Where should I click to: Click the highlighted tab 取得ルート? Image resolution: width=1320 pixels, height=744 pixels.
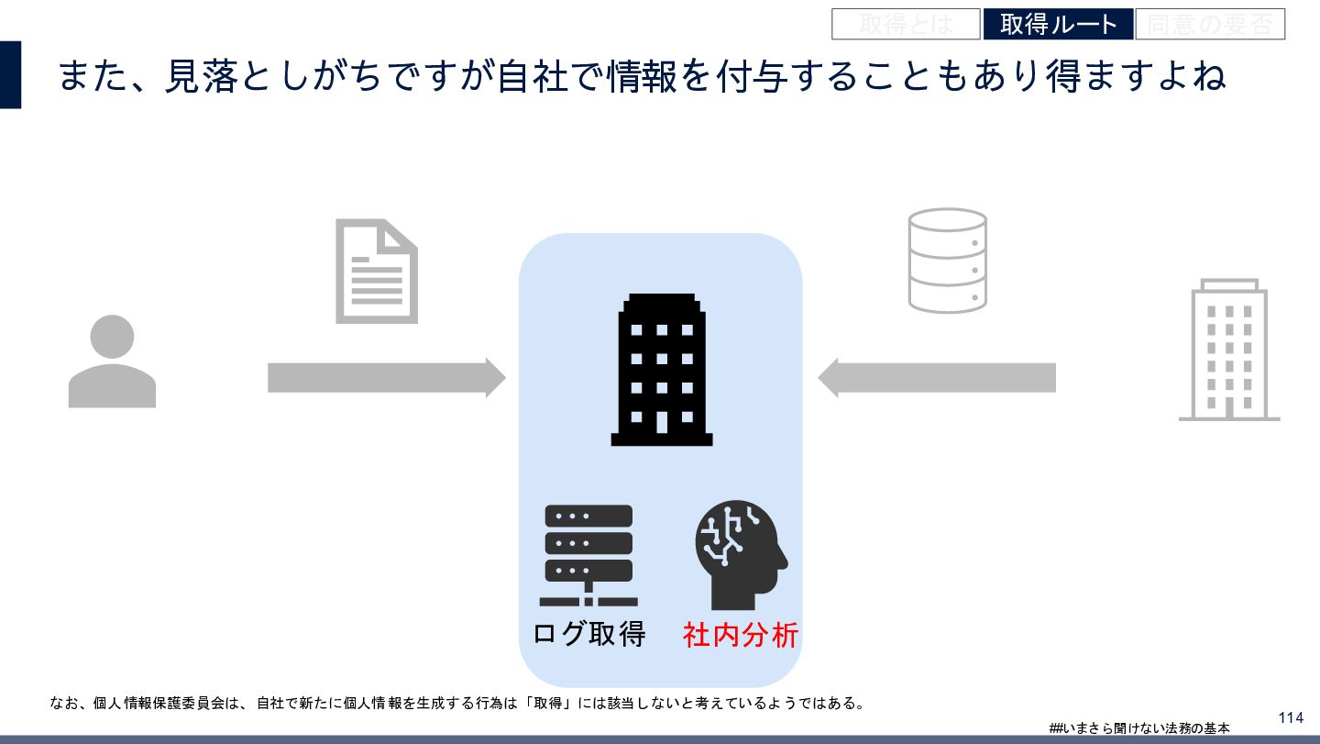click(1058, 24)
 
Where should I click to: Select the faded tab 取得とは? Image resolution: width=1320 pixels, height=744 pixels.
click(906, 24)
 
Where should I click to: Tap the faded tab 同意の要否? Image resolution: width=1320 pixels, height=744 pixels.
click(1210, 24)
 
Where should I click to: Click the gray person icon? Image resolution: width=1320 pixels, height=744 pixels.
click(112, 361)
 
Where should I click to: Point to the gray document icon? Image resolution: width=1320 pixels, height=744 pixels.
click(376, 271)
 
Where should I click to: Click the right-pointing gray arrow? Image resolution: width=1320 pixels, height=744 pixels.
click(386, 377)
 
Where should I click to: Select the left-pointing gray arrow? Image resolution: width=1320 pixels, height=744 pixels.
click(936, 377)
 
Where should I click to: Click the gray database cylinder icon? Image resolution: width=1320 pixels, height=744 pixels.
click(947, 261)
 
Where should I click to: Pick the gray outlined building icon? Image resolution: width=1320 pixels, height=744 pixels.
click(1228, 350)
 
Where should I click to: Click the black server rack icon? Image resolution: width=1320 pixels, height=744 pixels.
click(588, 555)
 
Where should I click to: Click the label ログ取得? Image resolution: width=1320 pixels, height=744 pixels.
click(589, 634)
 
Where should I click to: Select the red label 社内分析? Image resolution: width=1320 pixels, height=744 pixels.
click(741, 634)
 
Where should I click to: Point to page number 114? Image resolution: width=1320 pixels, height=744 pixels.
click(1290, 717)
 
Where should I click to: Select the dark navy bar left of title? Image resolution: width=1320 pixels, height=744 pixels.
click(10, 74)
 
